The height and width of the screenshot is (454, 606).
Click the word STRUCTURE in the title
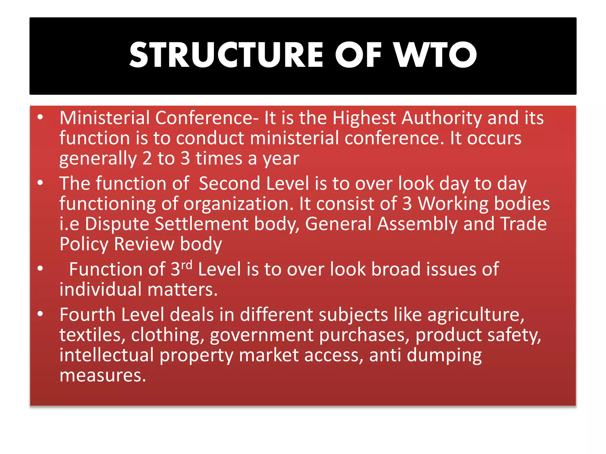point(226,55)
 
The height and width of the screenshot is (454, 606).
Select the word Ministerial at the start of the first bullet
point(105,118)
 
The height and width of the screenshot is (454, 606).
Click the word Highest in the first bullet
point(364,118)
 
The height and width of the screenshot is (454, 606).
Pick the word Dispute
point(117,224)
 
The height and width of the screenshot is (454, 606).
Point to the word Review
point(144,244)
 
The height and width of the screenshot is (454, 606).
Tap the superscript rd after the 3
point(187,265)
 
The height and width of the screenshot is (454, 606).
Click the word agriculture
point(476,315)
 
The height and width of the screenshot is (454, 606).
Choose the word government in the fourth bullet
point(262,335)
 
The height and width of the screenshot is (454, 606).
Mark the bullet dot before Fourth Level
point(40,314)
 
